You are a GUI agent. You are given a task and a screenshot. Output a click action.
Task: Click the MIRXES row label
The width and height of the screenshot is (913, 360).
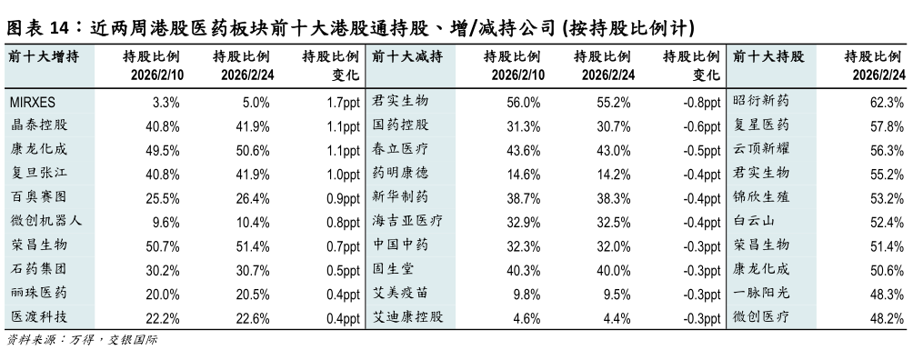pyautogui.click(x=34, y=102)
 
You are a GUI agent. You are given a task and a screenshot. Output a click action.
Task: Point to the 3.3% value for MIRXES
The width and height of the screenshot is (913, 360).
pyautogui.click(x=166, y=102)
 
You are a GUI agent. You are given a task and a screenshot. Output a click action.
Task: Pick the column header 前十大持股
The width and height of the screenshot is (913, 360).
pyautogui.click(x=768, y=56)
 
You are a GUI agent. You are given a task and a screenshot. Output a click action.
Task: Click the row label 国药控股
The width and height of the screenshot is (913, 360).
pyautogui.click(x=401, y=125)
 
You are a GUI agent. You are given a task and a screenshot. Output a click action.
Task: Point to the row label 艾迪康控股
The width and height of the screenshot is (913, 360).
pyautogui.click(x=408, y=316)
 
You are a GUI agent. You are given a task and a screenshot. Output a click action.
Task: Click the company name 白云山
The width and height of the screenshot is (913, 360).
pyautogui.click(x=754, y=220)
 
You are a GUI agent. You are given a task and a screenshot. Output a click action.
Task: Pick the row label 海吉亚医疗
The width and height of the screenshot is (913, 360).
pyautogui.click(x=408, y=220)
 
